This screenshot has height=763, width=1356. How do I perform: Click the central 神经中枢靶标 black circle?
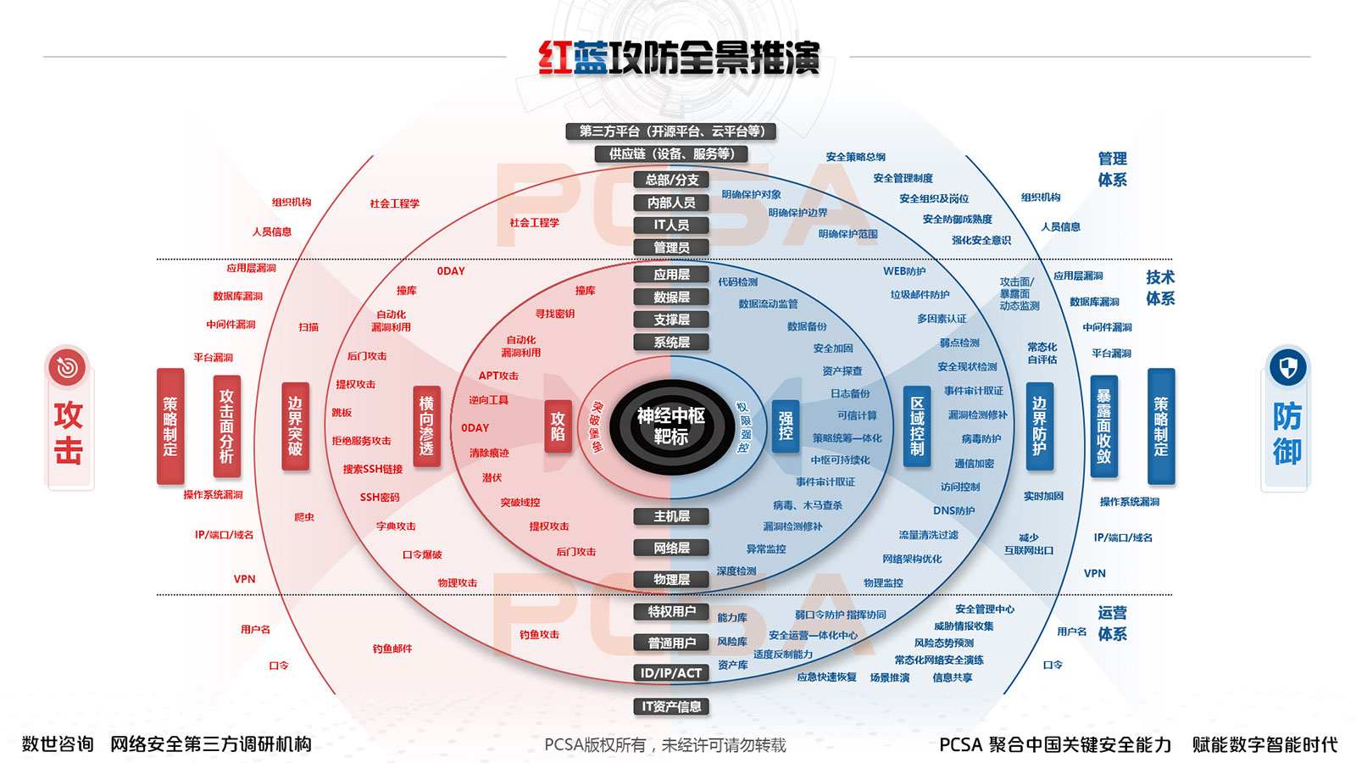click(670, 426)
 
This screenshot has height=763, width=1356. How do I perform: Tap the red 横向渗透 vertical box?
click(426, 426)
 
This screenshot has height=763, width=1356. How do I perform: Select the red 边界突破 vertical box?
click(295, 426)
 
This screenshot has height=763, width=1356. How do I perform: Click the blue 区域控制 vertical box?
click(917, 426)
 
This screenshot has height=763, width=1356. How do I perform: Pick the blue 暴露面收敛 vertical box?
click(1103, 426)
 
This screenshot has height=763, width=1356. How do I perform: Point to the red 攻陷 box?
click(558, 426)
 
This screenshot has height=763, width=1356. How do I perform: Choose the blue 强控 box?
click(786, 426)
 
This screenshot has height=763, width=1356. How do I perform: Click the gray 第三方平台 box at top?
click(671, 131)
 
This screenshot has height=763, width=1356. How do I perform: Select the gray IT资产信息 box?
click(671, 706)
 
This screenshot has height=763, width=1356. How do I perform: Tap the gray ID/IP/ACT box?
click(671, 673)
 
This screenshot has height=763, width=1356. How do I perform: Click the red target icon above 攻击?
click(68, 367)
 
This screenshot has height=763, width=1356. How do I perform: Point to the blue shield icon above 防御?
click(1287, 368)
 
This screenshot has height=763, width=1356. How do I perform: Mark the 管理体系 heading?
click(1112, 169)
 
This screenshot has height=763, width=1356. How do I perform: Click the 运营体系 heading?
click(1112, 623)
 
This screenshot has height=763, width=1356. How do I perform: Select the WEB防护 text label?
click(904, 271)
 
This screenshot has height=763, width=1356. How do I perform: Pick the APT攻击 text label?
click(498, 376)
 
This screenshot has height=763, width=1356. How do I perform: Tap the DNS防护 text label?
click(953, 510)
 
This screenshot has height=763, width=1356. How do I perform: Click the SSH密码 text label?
click(380, 498)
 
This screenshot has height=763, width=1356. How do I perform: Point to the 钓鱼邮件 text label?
click(392, 649)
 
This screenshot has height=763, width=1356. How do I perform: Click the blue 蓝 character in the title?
click(590, 58)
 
